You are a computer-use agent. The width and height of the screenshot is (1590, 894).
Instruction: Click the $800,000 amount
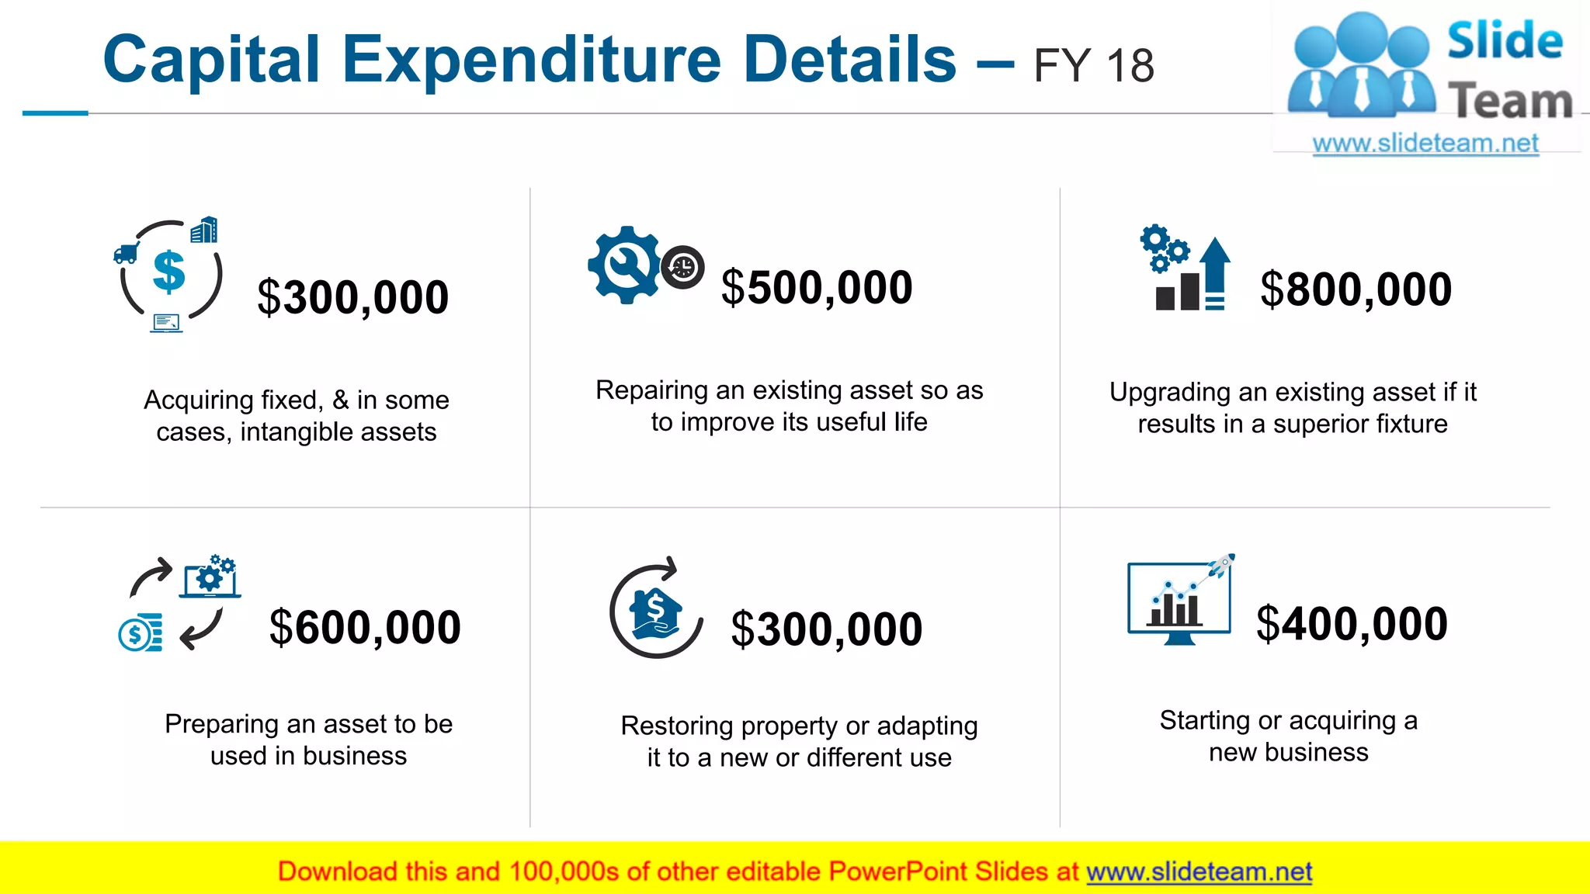1356,289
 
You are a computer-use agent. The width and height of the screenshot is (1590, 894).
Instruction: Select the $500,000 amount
817,287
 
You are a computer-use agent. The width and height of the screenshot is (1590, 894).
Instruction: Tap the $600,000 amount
365,627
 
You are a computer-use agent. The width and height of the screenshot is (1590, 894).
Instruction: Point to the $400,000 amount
1352,623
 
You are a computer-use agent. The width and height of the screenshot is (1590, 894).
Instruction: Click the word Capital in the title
211,60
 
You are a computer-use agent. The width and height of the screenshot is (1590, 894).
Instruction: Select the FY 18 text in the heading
1093,66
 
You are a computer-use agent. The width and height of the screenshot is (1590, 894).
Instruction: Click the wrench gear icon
623,265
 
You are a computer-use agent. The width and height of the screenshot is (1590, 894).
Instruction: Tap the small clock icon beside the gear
682,268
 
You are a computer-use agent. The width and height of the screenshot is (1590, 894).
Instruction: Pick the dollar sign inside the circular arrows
169,272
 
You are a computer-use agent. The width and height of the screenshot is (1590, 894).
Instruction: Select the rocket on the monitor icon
1221,565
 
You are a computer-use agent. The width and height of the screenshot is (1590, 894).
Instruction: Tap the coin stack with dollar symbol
141,632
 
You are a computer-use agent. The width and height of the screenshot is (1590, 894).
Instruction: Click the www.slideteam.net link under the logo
1425,144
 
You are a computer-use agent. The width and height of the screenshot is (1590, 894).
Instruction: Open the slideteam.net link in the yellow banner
1199,871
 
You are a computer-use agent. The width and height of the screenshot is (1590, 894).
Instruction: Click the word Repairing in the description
651,390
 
